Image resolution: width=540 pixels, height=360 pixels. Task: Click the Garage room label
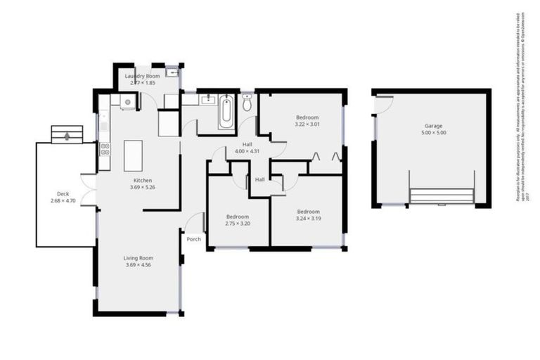434,125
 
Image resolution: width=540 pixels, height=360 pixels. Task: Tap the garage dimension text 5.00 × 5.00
434,132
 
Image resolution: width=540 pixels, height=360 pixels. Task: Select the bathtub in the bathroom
226,112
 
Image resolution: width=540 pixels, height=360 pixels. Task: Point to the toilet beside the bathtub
247,103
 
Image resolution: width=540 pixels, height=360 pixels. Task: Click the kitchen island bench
133,155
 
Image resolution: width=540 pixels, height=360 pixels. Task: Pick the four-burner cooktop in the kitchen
105,148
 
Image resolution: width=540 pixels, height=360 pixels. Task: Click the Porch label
193,239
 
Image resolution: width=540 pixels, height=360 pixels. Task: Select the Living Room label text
139,258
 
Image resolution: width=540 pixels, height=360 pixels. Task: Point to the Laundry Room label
142,75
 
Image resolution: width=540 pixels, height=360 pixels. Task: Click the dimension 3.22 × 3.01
307,124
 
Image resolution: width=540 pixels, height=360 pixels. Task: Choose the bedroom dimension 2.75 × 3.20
237,223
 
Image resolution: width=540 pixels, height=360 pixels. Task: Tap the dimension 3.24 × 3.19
307,219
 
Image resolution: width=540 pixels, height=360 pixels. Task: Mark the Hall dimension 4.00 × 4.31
247,151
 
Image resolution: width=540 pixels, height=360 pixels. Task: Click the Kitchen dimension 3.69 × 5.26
143,187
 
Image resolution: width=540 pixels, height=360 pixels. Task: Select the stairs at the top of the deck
67,134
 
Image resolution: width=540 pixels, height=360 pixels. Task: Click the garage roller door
442,195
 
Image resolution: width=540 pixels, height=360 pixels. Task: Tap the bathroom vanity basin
207,101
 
